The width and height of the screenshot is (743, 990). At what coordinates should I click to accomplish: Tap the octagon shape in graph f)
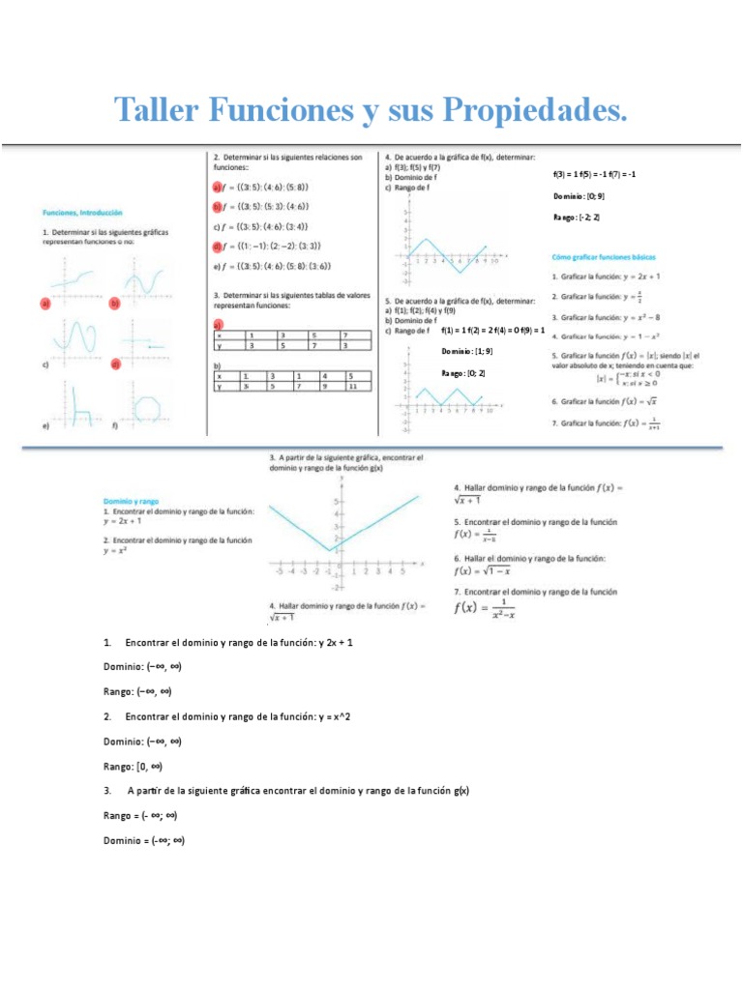tap(149, 407)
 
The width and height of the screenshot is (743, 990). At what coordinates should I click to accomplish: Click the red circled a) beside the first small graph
tap(45, 303)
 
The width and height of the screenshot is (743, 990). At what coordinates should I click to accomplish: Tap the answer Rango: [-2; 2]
tap(577, 218)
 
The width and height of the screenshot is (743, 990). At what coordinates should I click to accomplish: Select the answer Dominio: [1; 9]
tap(467, 352)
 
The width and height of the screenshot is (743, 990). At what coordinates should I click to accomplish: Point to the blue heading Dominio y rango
tap(131, 501)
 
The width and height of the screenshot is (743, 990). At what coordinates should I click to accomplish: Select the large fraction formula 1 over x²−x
tap(485, 608)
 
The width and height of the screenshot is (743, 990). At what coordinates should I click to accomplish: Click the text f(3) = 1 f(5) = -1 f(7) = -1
tap(594, 174)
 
